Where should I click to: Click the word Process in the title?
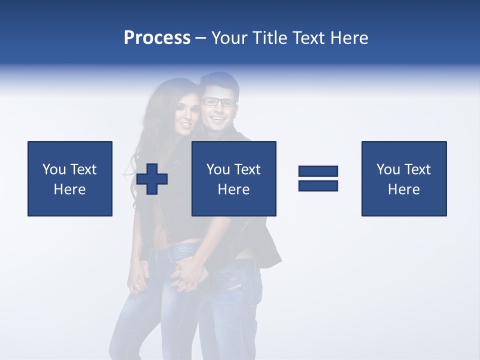tap(157, 38)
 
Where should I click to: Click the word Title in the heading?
tap(270, 38)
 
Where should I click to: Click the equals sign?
tap(318, 178)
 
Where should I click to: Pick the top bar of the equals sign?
tap(318, 171)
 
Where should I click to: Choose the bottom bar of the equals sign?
tap(318, 185)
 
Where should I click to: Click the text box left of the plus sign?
tap(70, 178)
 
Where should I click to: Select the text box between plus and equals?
tap(233, 178)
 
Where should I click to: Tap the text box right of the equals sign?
tap(404, 178)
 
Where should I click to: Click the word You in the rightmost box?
tap(388, 169)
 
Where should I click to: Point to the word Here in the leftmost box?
tap(70, 189)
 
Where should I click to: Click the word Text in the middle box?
tap(247, 169)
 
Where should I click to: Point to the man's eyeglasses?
tap(218, 102)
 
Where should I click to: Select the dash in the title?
tap(201, 38)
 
